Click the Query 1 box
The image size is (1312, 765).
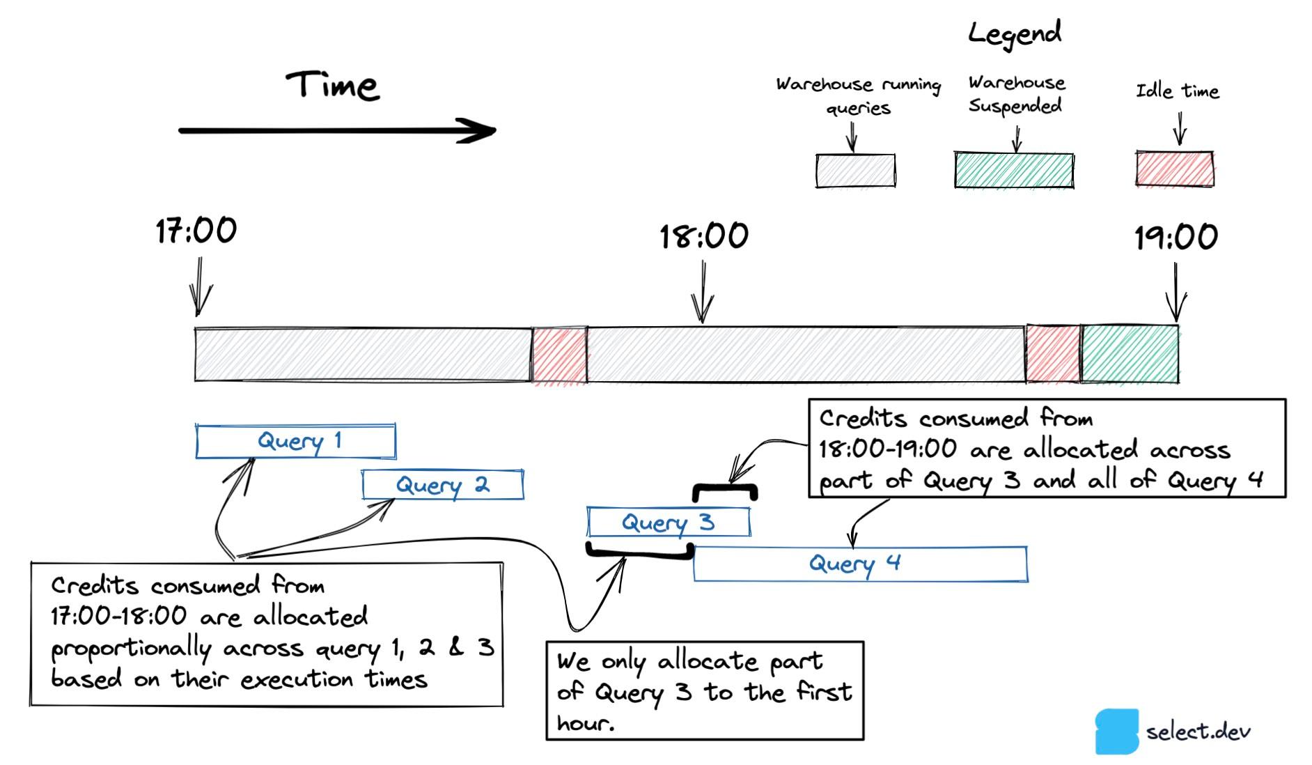tap(296, 441)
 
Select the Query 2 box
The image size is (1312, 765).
tap(443, 485)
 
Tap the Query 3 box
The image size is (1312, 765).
tap(669, 522)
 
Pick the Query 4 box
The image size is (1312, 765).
tap(860, 564)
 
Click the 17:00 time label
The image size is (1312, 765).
tap(196, 231)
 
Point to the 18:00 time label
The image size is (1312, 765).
tap(704, 236)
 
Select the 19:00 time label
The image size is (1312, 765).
tap(1176, 238)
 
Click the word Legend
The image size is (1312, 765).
tap(1015, 33)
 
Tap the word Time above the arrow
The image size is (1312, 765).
tap(333, 86)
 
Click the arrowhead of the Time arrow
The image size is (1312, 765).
tap(481, 130)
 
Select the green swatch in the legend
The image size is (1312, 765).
tap(1014, 171)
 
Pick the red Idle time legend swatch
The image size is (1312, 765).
tap(1175, 169)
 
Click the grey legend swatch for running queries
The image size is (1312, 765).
tap(856, 171)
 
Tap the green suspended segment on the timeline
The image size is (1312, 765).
tap(1130, 354)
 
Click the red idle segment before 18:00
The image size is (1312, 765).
tap(559, 355)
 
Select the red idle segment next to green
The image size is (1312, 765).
tap(1053, 354)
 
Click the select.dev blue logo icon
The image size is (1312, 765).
tap(1116, 732)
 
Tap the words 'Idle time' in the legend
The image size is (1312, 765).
tap(1178, 91)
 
